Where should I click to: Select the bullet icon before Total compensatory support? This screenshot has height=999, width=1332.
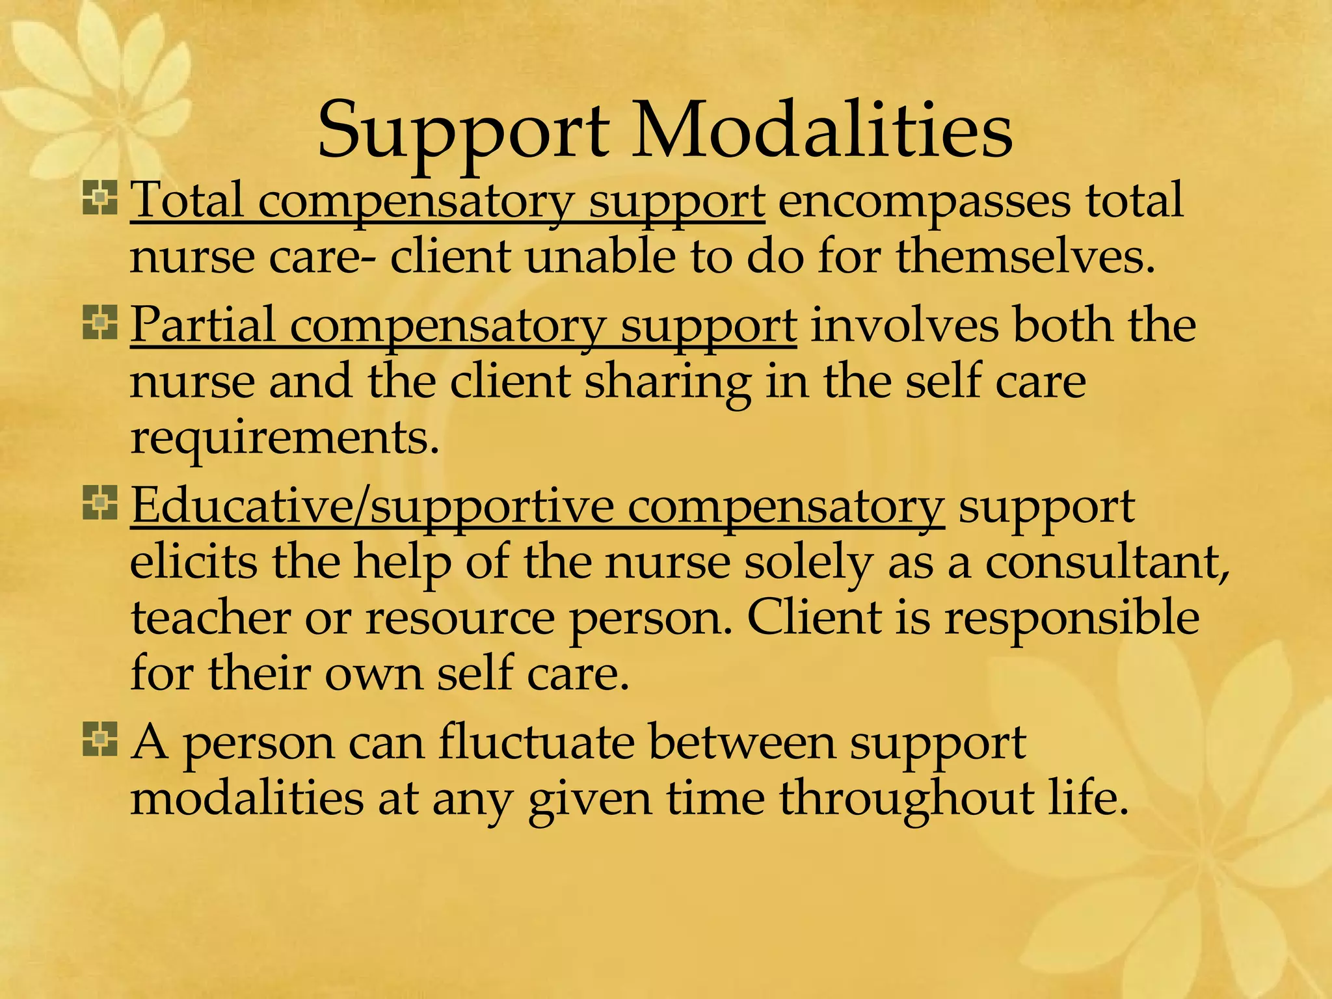(100, 198)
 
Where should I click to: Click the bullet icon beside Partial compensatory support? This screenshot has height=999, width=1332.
(100, 323)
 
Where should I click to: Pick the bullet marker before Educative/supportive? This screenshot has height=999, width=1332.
(100, 503)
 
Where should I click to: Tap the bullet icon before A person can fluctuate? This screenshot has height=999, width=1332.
(100, 739)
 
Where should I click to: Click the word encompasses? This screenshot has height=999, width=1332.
(924, 202)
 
